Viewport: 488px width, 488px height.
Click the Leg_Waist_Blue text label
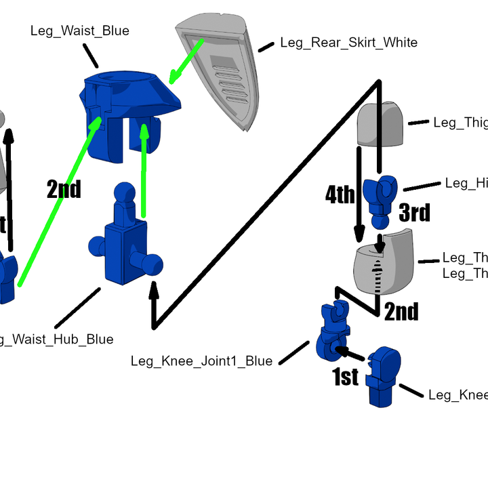coord(79,31)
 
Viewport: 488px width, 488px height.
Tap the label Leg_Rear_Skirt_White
coord(348,43)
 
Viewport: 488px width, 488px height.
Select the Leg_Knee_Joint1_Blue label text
coord(201,361)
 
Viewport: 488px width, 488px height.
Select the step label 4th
coord(340,196)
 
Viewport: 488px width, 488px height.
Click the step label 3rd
coord(414,213)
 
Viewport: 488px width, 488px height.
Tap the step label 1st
coord(345,377)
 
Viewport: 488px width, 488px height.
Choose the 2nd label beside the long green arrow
coord(64,190)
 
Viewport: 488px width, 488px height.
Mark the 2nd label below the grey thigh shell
coord(401,312)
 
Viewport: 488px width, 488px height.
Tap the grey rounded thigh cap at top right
coord(381,124)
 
